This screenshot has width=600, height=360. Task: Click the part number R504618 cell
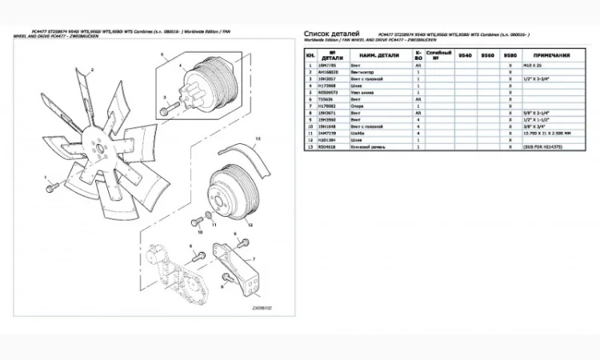pos(329,147)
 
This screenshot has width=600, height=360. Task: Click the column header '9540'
pos(464,55)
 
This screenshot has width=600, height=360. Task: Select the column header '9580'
pos(510,55)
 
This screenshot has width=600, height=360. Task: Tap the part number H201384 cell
pos(329,140)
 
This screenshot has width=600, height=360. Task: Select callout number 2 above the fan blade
pos(93,70)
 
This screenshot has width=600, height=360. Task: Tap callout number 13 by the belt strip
pos(258,138)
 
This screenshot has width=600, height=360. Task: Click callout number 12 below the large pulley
pos(250,226)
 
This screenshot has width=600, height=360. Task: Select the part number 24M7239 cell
pos(329,134)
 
